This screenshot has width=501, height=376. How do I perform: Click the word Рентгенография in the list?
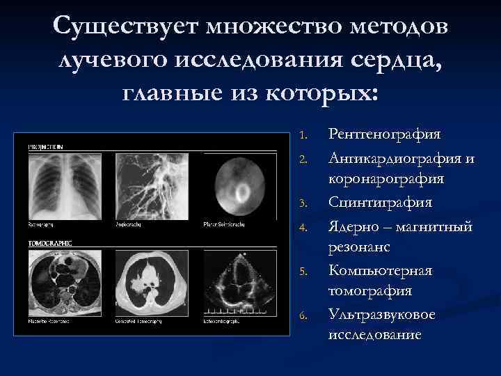coord(385,134)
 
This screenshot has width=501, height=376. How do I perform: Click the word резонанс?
coord(359,247)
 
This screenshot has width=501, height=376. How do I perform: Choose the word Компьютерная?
coord(381,270)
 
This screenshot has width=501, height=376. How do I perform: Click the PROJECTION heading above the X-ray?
coord(45,148)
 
